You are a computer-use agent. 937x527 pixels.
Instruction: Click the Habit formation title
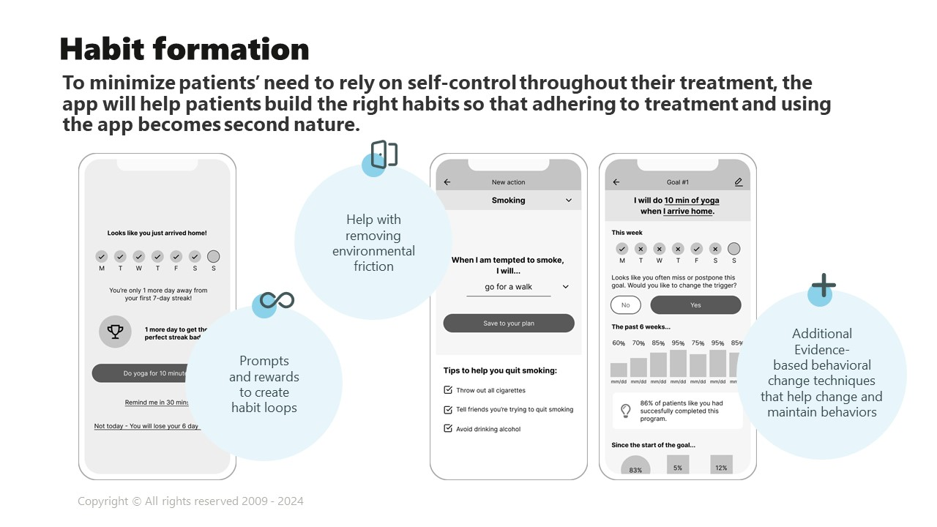tap(184, 49)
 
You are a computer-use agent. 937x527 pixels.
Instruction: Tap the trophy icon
tap(115, 332)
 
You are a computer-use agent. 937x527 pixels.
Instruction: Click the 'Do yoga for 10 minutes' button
tap(140, 373)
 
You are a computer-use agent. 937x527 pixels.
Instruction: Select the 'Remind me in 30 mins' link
tap(157, 403)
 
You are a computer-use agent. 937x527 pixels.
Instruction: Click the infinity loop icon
tap(277, 300)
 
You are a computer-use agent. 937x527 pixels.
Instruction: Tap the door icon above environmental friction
tap(384, 154)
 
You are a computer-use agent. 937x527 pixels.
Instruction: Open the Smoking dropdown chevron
tap(569, 201)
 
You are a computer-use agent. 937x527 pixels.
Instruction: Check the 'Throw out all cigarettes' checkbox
tap(449, 390)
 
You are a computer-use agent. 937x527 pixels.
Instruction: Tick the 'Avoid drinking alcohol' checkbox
tap(449, 429)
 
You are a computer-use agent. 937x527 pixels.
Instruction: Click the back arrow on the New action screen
tap(447, 182)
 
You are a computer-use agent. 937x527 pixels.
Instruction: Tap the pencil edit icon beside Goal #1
tap(739, 182)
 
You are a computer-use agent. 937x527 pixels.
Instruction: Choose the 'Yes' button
tap(695, 305)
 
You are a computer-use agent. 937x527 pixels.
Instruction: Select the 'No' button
tap(625, 305)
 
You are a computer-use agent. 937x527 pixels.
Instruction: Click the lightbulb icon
tap(626, 411)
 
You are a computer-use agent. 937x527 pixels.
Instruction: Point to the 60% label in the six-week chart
tap(619, 343)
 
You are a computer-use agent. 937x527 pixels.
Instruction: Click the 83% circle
tap(635, 468)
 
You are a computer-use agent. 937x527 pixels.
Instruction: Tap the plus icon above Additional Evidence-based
tap(824, 285)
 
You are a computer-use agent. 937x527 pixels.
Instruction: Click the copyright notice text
tap(190, 501)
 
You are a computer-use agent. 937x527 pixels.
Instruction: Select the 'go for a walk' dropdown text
tap(508, 287)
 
